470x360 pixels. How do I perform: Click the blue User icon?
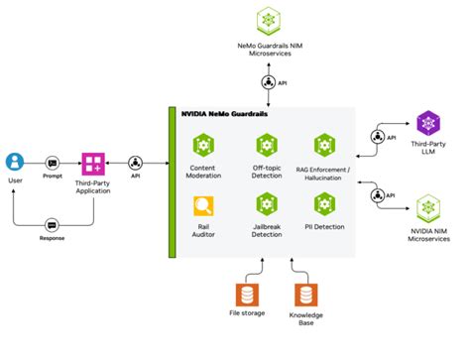(x=15, y=161)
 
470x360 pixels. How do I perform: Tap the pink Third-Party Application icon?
(x=94, y=162)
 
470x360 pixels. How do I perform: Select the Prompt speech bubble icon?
(x=52, y=162)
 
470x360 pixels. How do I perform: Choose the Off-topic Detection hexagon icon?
(x=266, y=145)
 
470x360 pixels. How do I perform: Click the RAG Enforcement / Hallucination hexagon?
(x=325, y=145)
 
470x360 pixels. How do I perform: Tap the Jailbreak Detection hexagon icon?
(x=266, y=204)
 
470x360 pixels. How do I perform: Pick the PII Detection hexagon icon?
(x=325, y=204)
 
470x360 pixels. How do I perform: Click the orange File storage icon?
(x=247, y=295)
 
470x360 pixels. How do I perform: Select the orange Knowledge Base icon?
(x=305, y=295)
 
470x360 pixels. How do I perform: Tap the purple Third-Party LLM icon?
(x=429, y=123)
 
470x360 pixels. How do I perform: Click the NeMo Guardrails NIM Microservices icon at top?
(x=267, y=20)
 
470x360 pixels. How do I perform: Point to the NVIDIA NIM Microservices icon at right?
(x=429, y=207)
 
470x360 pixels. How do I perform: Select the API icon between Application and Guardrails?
(x=137, y=162)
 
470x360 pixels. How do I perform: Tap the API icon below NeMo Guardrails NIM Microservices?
(x=267, y=82)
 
